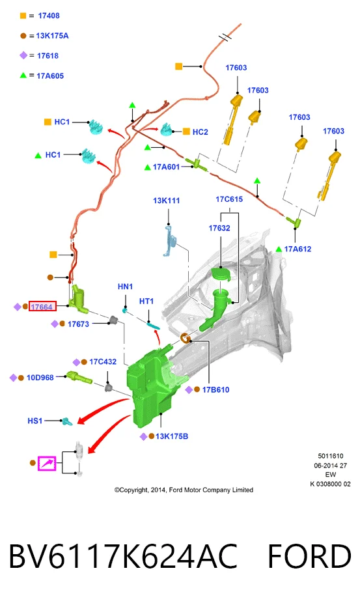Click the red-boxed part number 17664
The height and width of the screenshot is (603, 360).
point(43,307)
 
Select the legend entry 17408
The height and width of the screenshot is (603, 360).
point(49,16)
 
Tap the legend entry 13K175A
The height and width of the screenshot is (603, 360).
point(52,36)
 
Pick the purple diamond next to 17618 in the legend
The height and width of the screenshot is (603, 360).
point(23,55)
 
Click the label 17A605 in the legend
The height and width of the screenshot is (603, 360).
point(50,76)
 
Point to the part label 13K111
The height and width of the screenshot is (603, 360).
point(167,201)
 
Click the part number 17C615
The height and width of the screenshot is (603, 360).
point(229,199)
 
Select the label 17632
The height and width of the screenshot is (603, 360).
point(219,228)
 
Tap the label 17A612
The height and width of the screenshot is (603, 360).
point(298,249)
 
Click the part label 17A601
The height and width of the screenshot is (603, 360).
point(166,167)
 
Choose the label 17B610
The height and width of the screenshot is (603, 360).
point(215,389)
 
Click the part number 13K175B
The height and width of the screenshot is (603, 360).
point(172,436)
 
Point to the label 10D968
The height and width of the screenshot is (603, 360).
point(40,378)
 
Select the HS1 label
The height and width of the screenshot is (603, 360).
point(35,421)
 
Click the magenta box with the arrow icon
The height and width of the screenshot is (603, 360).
point(47,464)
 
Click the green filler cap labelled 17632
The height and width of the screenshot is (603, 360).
point(221,275)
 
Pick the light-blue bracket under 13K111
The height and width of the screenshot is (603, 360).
point(171,241)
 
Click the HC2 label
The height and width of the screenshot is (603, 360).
point(200,132)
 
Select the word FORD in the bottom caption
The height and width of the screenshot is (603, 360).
point(310,557)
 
